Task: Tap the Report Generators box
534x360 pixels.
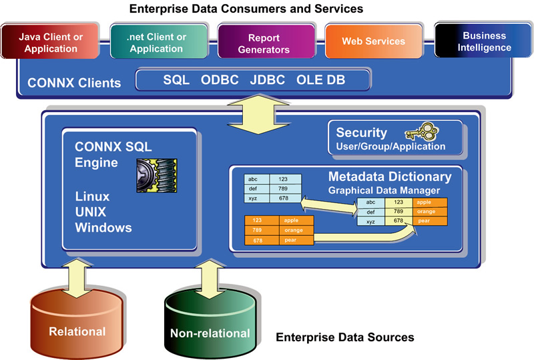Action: (x=264, y=43)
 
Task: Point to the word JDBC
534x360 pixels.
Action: (x=267, y=80)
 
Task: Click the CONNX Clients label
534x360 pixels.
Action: (x=74, y=83)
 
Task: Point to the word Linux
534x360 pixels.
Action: (x=92, y=196)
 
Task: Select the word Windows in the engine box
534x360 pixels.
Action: (x=103, y=228)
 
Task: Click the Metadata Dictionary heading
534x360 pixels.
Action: (x=390, y=177)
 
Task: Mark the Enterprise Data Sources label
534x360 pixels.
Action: (x=344, y=337)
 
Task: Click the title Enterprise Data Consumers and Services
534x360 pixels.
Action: (x=246, y=9)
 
